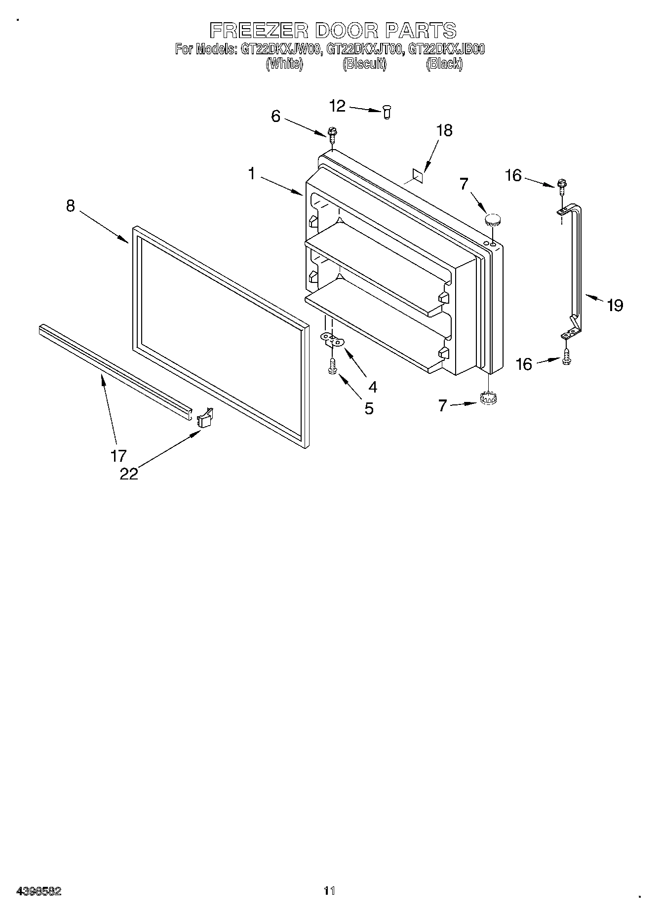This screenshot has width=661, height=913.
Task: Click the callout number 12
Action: [338, 106]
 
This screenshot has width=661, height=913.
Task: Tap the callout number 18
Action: [444, 130]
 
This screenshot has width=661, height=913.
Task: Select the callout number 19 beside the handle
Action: [615, 305]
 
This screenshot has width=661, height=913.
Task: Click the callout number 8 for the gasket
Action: [71, 205]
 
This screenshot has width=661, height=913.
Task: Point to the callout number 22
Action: [129, 474]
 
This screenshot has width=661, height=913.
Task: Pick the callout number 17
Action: [118, 455]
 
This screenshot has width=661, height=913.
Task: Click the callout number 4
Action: [372, 387]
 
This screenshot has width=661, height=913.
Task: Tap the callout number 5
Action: [369, 408]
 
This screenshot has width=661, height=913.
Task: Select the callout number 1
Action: [252, 173]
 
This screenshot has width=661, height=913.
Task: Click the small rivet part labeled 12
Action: [387, 113]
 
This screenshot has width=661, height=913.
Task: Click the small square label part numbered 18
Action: [418, 174]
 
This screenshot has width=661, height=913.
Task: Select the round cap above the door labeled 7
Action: [493, 220]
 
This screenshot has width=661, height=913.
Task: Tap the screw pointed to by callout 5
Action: [332, 366]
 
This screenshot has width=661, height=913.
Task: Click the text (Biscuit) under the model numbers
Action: [364, 64]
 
